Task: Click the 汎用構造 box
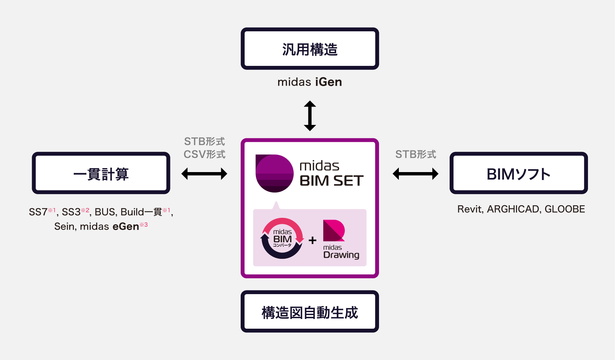coord(310,49)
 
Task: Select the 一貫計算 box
coord(101,173)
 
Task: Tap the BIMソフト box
coord(518,173)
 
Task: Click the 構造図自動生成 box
coord(310,312)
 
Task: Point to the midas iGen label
coord(310,82)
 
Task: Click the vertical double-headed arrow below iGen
coord(310,116)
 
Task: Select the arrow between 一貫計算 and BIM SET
coord(204,174)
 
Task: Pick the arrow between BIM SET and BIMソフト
coord(415,174)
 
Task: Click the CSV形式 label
coord(204,154)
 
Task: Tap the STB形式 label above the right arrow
coord(415,154)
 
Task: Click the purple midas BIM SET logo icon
coord(274,173)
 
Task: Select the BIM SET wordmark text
coord(331,181)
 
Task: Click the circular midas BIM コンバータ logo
coord(282,238)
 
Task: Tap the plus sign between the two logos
coord(313,240)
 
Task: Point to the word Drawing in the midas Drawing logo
coord(341,255)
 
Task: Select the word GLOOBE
coord(565,209)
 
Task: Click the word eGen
coord(126,226)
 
